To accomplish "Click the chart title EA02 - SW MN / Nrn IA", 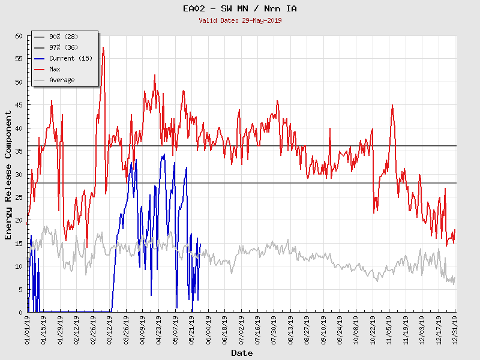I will [x=239, y=8].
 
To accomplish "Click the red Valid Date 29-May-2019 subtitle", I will [x=239, y=20].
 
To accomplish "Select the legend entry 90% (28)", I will [x=62, y=37].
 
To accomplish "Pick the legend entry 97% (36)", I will [x=62, y=47].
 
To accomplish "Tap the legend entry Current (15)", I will [x=70, y=58].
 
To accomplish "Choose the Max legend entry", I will [x=55, y=69].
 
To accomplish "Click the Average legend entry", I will [x=61, y=80].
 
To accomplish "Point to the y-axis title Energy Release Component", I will [x=8, y=175].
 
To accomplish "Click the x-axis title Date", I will [x=241, y=353].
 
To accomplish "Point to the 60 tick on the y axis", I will [x=18, y=36].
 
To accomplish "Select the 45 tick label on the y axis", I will [x=18, y=105].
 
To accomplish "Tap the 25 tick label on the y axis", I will [x=18, y=197].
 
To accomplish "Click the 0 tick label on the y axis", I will [x=20, y=312].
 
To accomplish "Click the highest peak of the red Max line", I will [x=103, y=47].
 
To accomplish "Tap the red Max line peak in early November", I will [x=392, y=105].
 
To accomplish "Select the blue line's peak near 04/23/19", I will [x=164, y=155].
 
